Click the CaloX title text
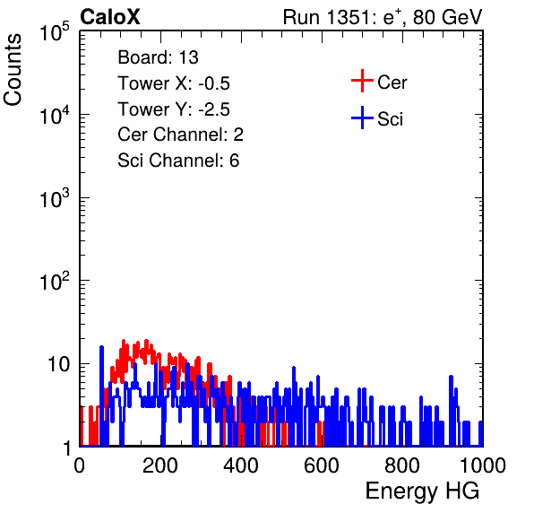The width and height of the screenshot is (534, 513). point(110,17)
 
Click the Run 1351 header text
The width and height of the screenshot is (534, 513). point(383,17)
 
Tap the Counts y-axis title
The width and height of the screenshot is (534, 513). point(13,70)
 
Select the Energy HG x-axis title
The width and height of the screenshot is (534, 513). point(422,491)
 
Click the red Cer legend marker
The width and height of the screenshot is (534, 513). point(362,81)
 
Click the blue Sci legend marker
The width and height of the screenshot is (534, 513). point(362,117)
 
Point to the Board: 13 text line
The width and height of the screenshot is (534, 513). point(158,57)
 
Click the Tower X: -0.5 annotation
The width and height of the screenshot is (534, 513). point(174,83)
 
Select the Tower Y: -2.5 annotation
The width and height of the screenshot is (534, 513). point(174,109)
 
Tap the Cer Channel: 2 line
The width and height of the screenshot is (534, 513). point(180,135)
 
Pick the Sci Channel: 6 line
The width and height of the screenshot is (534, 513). point(178,161)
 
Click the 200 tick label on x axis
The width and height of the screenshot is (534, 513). point(160,465)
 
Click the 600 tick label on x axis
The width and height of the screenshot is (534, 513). point(322,465)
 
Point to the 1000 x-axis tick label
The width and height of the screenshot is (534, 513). point(483,465)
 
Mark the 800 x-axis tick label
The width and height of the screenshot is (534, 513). point(402,465)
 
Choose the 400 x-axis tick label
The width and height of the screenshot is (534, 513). point(241,465)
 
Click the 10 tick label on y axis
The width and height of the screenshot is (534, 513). point(59,364)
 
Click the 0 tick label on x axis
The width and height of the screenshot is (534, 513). point(80,465)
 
